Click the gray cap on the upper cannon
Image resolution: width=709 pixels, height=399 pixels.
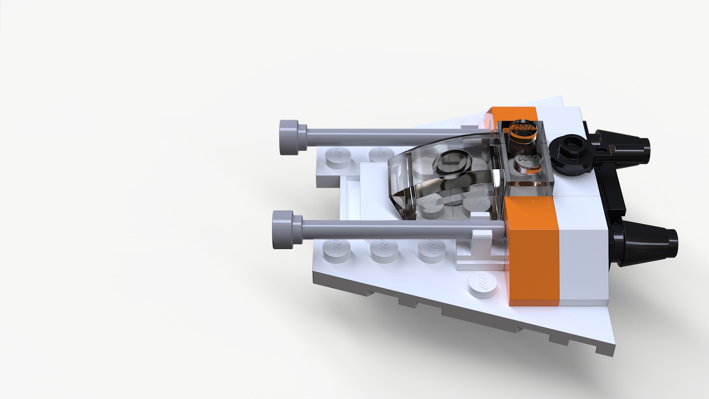point(290,137)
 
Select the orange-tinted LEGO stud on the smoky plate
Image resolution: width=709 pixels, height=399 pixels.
point(521,130)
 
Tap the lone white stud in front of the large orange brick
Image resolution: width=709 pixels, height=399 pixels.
point(482,285)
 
